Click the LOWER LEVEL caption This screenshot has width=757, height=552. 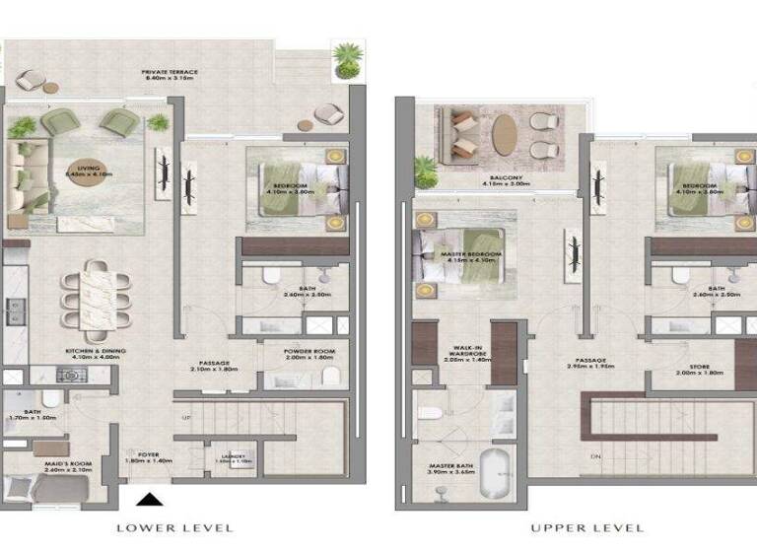pyautogui.click(x=174, y=527)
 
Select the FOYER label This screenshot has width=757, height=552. pyautogui.click(x=149, y=456)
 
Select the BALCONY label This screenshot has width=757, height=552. pyautogui.click(x=502, y=179)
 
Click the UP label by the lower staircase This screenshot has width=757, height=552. pyautogui.click(x=186, y=418)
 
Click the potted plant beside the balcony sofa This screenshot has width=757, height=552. pyautogui.click(x=425, y=171)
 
